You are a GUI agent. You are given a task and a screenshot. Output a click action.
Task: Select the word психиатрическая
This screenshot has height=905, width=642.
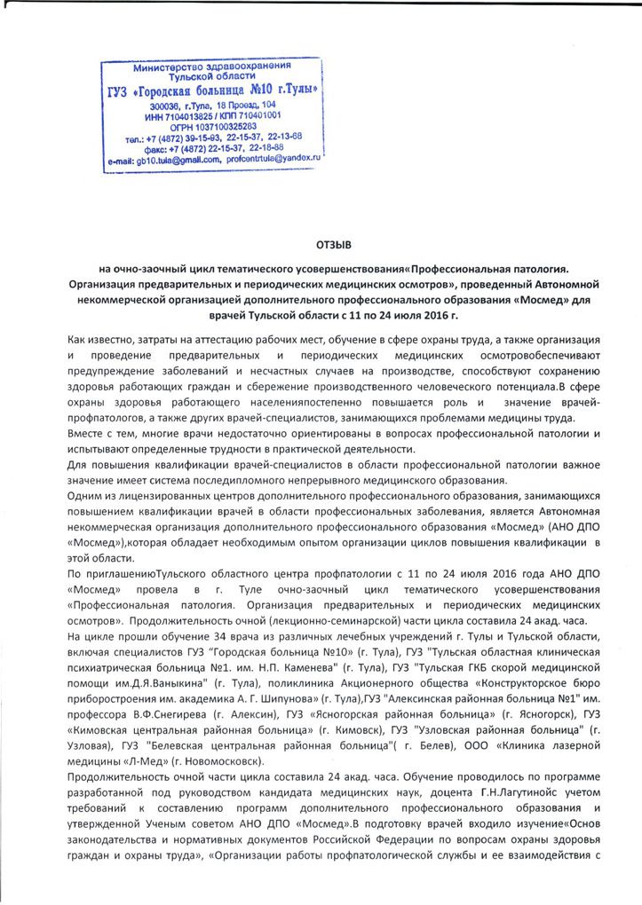pos(114,665)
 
